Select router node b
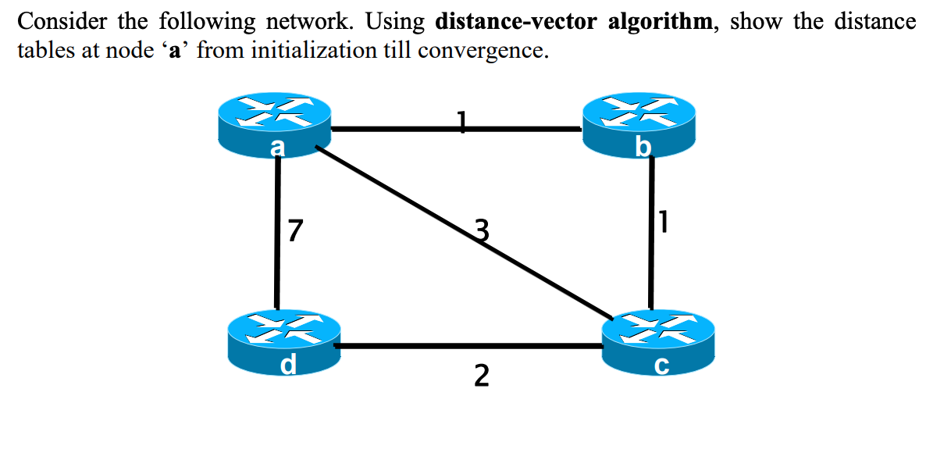tap(639, 125)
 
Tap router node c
tap(658, 344)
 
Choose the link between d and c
tap(468, 345)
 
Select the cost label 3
tap(483, 231)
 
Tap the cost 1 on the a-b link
tap(462, 121)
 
